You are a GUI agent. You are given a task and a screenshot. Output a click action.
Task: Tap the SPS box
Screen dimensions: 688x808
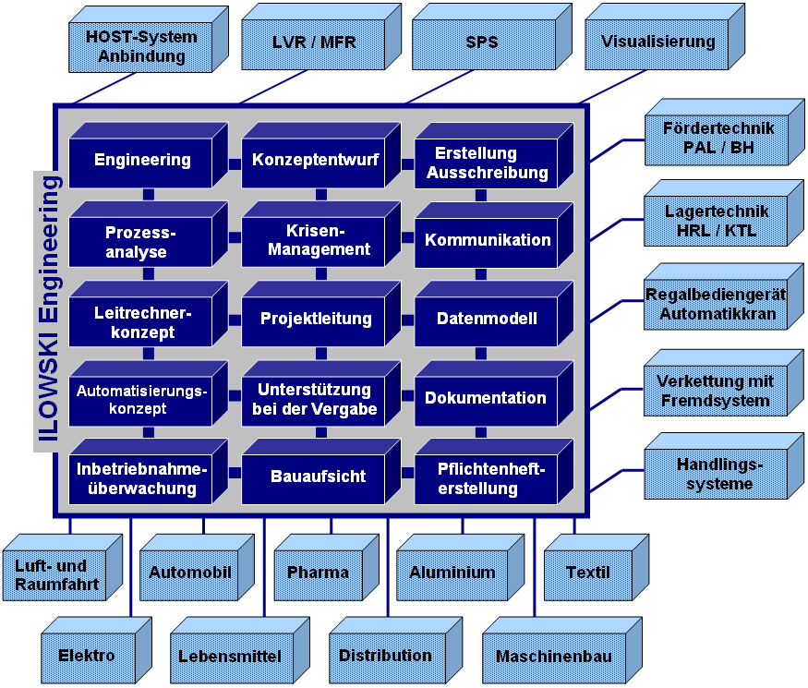click(476, 43)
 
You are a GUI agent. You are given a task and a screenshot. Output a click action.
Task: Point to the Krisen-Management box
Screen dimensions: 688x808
click(315, 240)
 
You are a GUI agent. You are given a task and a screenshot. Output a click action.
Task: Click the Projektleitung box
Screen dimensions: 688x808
click(315, 320)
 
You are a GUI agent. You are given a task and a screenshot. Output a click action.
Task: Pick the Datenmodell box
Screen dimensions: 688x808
click(487, 320)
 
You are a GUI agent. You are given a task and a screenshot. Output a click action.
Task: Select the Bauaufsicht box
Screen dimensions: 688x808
click(318, 477)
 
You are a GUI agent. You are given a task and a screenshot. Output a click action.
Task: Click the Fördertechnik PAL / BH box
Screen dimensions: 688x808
click(717, 139)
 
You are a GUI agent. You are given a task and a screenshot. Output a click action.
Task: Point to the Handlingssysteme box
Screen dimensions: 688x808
click(714, 475)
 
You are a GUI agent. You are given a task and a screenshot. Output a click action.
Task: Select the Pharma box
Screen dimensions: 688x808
click(317, 573)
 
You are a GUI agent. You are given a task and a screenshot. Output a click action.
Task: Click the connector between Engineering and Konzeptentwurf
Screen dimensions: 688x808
click(235, 163)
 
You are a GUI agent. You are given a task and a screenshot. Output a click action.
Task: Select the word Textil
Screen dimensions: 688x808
click(587, 573)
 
